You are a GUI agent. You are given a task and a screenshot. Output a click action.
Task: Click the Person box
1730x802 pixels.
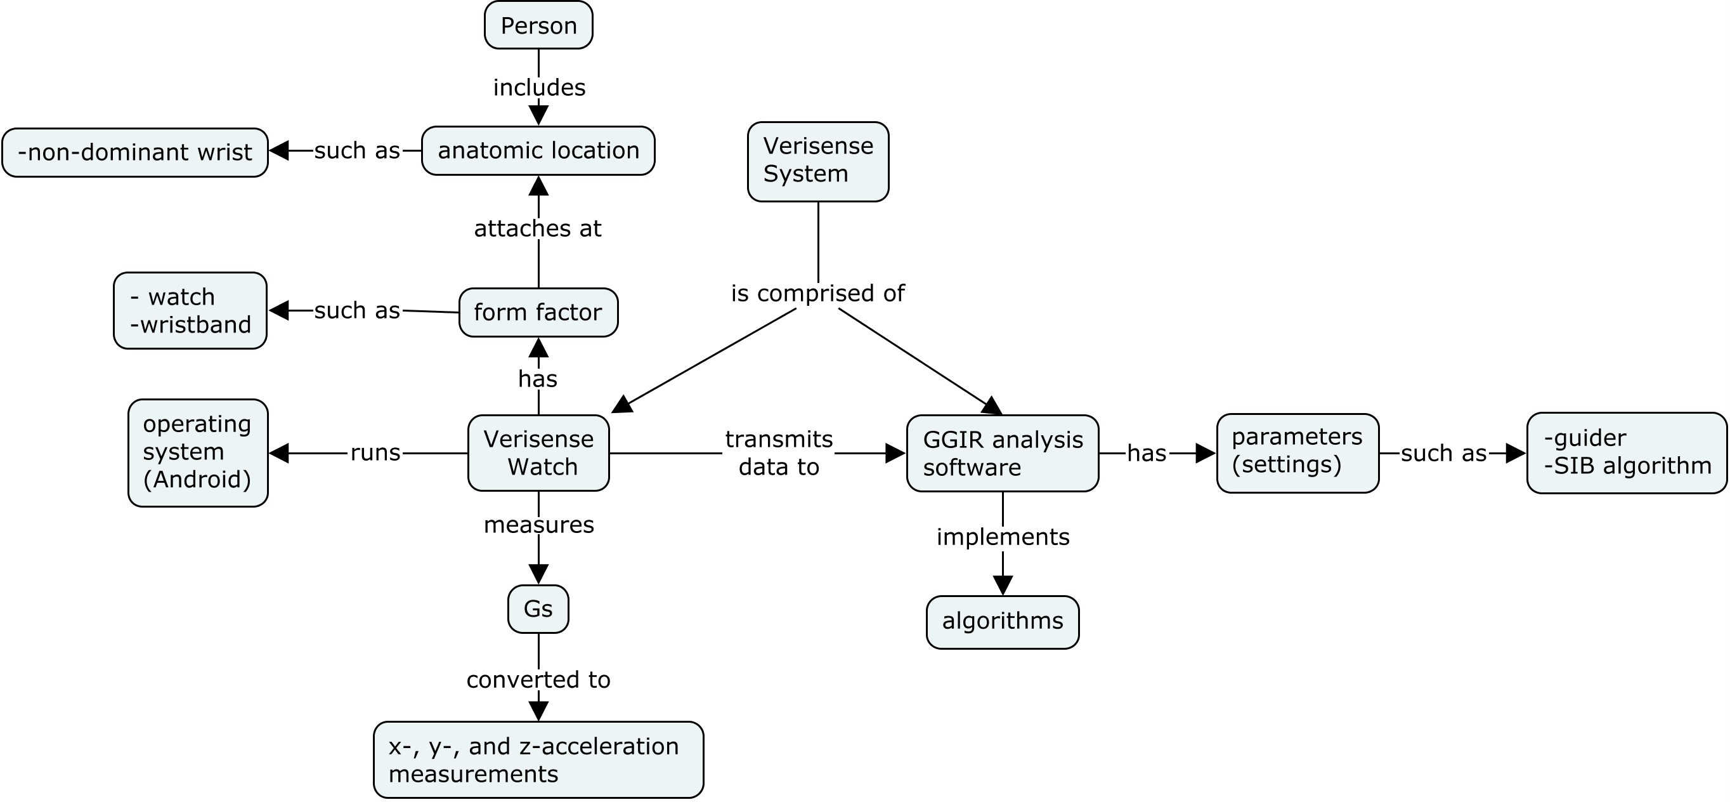[538, 25]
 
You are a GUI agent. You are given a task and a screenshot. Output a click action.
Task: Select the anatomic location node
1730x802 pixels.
[538, 150]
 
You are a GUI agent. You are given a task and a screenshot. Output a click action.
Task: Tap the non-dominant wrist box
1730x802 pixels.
[135, 152]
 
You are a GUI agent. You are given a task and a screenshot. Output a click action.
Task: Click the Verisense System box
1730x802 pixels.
[817, 161]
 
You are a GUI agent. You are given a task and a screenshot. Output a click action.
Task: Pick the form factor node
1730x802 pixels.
[538, 312]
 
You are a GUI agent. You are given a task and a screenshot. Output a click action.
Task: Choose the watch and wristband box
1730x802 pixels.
[190, 310]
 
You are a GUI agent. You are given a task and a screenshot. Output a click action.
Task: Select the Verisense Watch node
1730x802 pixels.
[538, 453]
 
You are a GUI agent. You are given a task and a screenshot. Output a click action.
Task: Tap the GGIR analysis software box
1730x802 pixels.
[1002, 454]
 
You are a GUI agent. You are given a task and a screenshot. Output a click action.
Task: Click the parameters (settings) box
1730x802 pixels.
[1297, 453]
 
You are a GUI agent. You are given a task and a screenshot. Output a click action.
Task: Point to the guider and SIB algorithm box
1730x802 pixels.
[1626, 453]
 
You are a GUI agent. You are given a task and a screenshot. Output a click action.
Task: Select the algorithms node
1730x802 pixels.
[1002, 621]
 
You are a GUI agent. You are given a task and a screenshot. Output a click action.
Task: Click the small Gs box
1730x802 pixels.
[538, 609]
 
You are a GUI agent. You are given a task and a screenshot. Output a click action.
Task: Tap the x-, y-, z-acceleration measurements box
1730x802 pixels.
[538, 759]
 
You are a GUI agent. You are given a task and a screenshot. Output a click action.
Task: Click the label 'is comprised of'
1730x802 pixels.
[817, 294]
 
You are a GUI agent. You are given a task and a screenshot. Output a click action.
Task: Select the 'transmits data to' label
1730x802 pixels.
[778, 453]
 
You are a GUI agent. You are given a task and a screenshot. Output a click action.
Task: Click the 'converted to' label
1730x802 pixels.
[538, 680]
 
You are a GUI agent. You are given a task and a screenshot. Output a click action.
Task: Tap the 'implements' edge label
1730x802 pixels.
[1002, 537]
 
